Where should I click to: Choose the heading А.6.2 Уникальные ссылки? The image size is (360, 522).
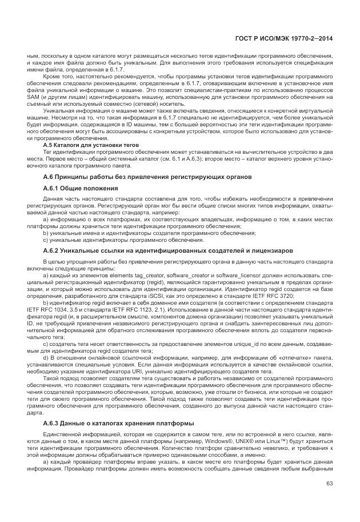point(160,250)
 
